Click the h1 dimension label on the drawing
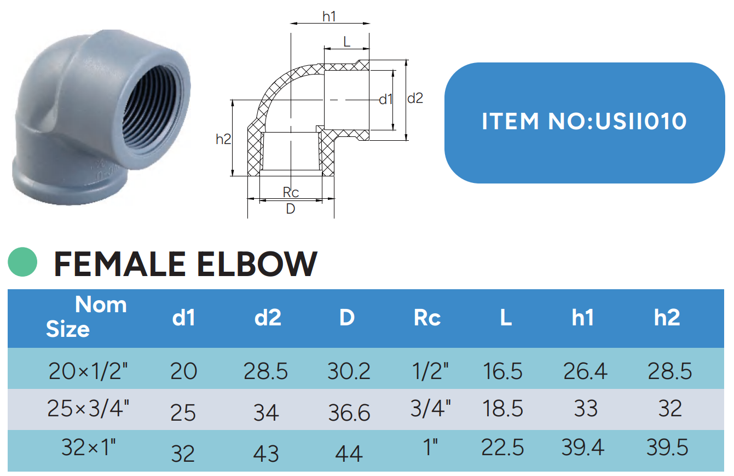pyautogui.click(x=330, y=16)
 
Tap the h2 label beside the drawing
pyautogui.click(x=223, y=139)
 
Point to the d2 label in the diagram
pyautogui.click(x=415, y=98)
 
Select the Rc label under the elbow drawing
pyautogui.click(x=291, y=192)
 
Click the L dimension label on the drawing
pyautogui.click(x=347, y=42)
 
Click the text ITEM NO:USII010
pyautogui.click(x=584, y=121)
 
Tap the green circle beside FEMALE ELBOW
pyautogui.click(x=22, y=262)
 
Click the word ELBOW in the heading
pyautogui.click(x=257, y=264)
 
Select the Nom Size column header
pyautogui.click(x=86, y=317)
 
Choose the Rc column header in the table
pyautogui.click(x=427, y=318)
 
